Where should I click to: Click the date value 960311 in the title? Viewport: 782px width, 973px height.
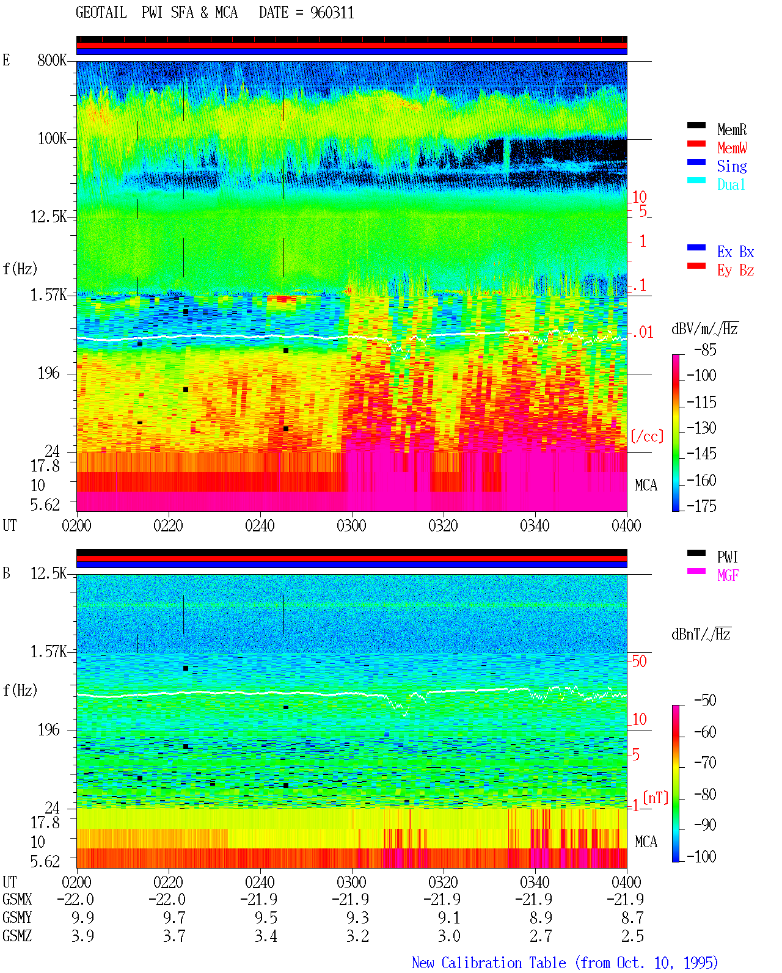coord(332,12)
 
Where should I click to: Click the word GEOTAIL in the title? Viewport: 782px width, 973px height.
coord(101,12)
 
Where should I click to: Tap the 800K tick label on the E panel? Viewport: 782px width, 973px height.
coord(52,60)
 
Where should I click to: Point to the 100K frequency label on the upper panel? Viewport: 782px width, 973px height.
coord(52,139)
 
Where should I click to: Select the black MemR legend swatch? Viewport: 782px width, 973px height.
coord(696,125)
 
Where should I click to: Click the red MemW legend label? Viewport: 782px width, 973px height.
coord(732,147)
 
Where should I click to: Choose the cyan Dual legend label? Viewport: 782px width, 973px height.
coord(731,184)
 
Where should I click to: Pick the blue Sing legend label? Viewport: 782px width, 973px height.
coord(732,166)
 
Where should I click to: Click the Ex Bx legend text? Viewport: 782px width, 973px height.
coord(736,252)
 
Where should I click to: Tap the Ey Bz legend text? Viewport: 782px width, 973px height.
coord(736,270)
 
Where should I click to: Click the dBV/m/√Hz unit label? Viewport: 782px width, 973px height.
coord(705,329)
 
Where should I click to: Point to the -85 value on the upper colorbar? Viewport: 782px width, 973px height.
coord(705,349)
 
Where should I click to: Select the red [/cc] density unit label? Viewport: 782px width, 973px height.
coord(647,436)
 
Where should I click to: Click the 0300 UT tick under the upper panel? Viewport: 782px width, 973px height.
coord(351,525)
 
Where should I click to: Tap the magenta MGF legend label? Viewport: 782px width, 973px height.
coord(728,575)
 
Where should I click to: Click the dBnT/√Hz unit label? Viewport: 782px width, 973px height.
coord(701,634)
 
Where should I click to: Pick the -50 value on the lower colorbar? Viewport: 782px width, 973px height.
coord(705,701)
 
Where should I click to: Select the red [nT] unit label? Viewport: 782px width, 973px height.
coord(656,797)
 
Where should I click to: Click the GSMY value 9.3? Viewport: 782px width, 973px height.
coord(358,917)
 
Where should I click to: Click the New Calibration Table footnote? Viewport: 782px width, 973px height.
coord(565,963)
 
